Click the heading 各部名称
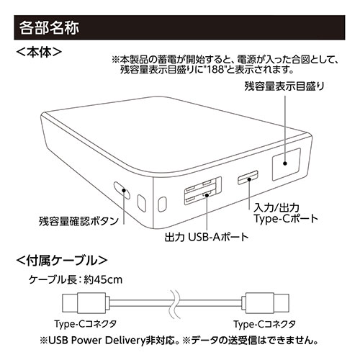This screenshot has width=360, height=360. tap(49, 28)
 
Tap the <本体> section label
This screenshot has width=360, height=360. tap(39, 53)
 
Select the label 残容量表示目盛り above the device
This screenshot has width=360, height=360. tap(284, 86)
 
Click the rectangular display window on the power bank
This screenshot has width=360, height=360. tap(286, 164)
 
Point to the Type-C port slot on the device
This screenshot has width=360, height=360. tap(248, 178)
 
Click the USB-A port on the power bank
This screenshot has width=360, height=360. tap(203, 191)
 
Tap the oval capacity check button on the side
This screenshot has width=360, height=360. tap(122, 190)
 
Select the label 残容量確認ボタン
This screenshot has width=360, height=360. tap(78, 221)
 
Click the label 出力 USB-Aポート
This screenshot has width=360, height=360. tap(207, 237)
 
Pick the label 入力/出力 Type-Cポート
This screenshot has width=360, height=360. tap(286, 213)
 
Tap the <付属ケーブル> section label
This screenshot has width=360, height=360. tap(62, 260)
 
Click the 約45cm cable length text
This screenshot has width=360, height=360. tap(103, 279)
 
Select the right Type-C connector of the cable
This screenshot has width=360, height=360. tap(265, 303)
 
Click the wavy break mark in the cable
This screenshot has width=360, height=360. tap(174, 303)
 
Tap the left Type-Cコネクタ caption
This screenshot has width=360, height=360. tap(86, 324)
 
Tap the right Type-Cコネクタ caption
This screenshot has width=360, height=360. tap(265, 324)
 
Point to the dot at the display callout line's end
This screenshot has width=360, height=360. tap(285, 163)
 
